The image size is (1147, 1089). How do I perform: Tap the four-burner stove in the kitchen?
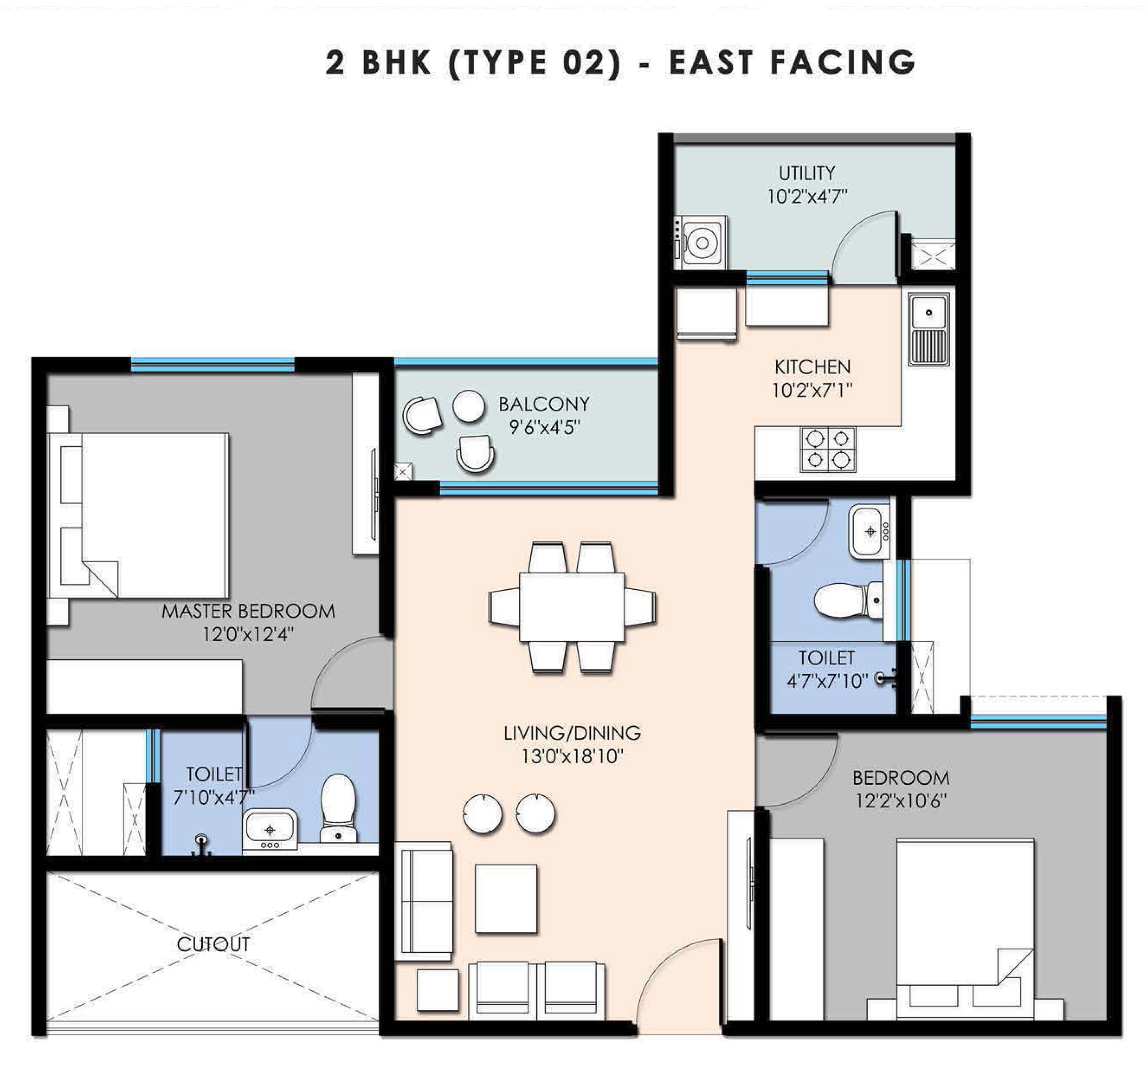[828, 449]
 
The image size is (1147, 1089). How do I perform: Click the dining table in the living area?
[572, 607]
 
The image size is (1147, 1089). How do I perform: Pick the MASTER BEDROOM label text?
[248, 611]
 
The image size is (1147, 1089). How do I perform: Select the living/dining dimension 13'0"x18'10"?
[572, 757]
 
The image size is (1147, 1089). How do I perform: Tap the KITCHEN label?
[812, 367]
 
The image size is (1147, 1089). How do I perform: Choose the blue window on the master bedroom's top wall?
[212, 365]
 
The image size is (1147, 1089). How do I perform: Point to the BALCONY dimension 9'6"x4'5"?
[544, 428]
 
